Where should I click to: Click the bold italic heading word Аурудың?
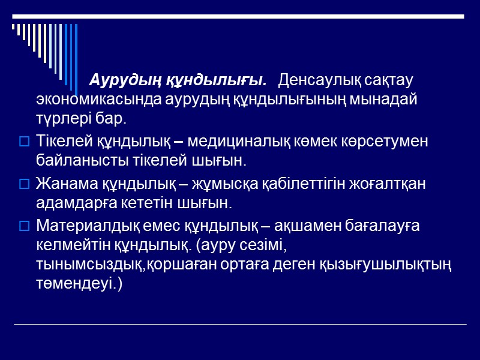tap(124, 80)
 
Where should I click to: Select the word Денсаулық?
tap(316, 80)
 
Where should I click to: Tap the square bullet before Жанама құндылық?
tap(24, 184)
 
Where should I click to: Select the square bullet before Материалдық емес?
tap(24, 226)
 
